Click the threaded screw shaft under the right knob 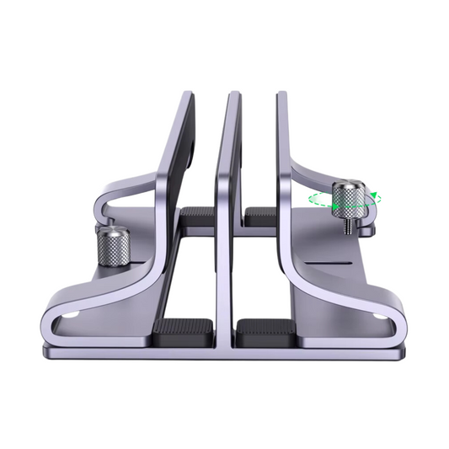pos(347,226)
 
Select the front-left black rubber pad pos(183,330)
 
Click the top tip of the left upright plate pos(187,94)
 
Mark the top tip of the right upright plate pos(281,94)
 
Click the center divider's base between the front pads pos(223,337)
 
